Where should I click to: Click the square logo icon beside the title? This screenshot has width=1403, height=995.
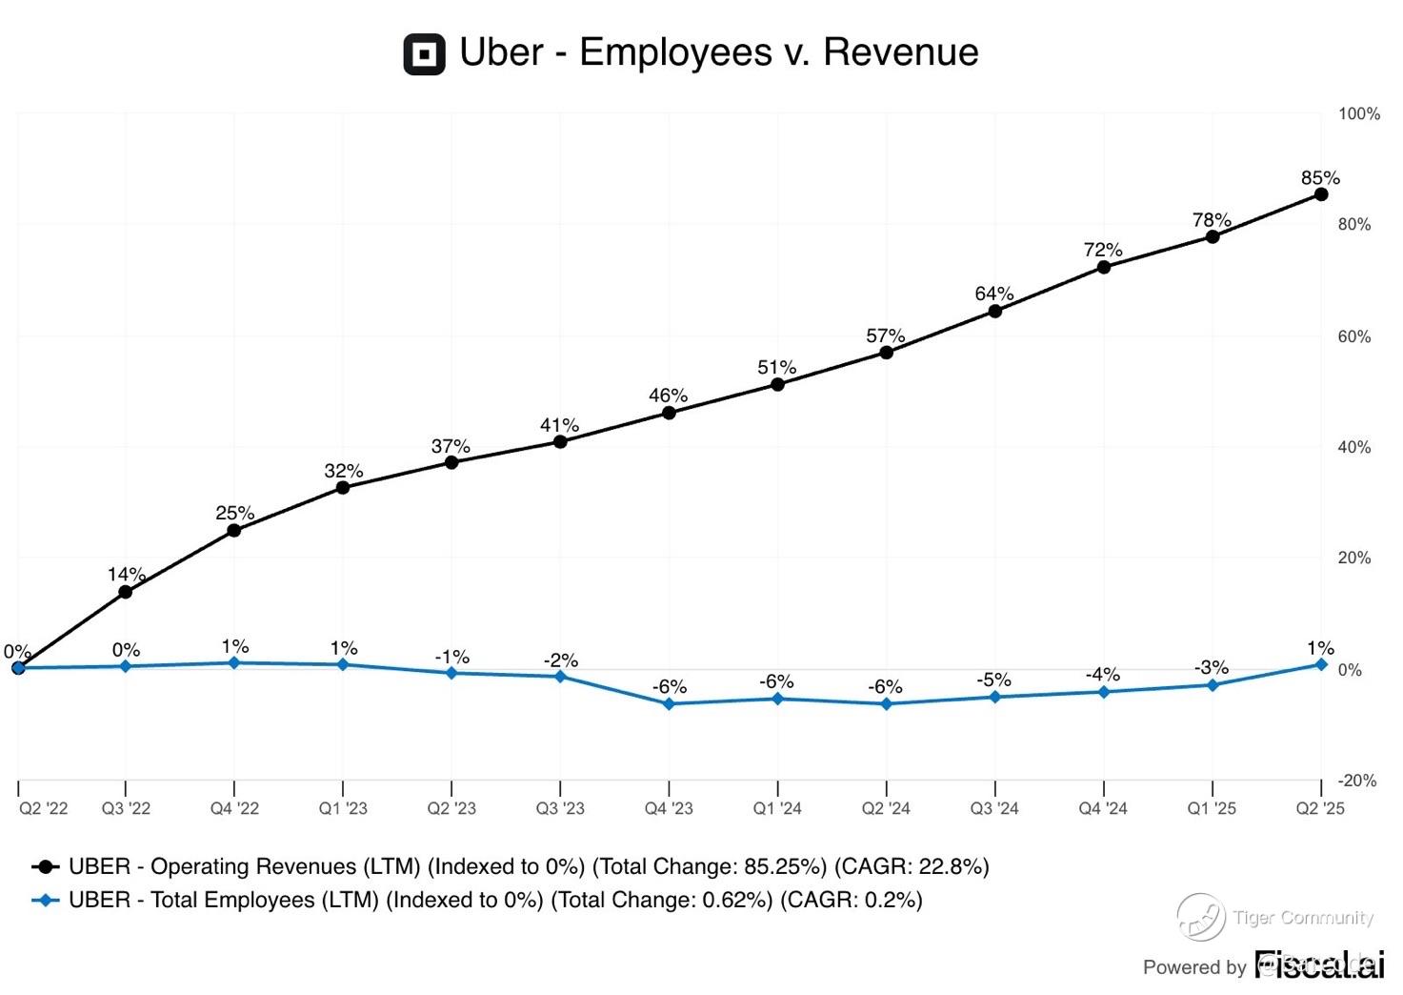click(424, 54)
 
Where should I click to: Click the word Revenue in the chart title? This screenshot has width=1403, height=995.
click(900, 52)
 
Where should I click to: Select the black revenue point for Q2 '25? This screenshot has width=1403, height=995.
click(1321, 194)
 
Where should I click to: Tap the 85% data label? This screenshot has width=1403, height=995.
click(1320, 178)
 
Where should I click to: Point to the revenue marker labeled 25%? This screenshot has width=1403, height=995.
click(234, 531)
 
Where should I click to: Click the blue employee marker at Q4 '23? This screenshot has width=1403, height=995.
click(669, 704)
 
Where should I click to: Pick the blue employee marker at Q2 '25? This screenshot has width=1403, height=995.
click(1321, 664)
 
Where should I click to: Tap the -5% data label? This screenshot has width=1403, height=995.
click(993, 680)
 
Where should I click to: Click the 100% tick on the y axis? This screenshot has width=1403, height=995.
click(1358, 114)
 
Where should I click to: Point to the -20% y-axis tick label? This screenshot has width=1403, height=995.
click(1356, 781)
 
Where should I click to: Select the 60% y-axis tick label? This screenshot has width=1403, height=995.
click(1354, 336)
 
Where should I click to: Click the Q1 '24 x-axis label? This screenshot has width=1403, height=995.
click(777, 809)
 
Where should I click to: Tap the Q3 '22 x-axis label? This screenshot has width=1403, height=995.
click(126, 809)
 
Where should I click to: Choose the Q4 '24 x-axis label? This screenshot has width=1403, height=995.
click(1103, 809)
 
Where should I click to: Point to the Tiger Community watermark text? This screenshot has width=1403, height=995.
click(1302, 918)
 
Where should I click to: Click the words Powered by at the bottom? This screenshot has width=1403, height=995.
click(1194, 967)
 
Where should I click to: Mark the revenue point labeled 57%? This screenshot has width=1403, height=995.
click(887, 353)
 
